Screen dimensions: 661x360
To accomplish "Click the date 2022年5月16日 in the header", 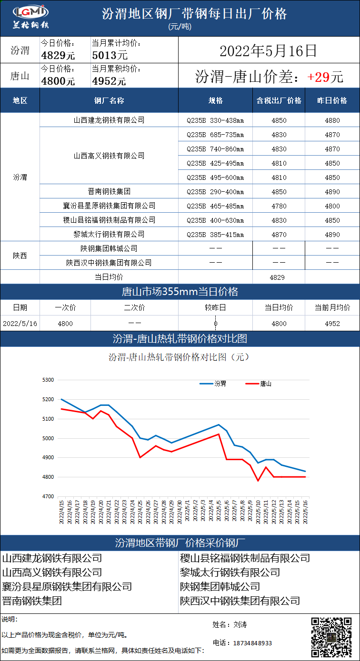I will (268, 50).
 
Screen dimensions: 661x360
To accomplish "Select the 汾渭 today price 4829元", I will (58, 55).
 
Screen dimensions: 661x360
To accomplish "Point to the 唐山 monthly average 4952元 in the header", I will (109, 81).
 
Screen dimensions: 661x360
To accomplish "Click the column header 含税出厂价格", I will (279, 101).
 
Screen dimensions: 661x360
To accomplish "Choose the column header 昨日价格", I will (332, 101).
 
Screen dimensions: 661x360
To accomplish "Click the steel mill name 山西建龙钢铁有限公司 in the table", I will (109, 120).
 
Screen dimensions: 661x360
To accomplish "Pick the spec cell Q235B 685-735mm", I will (215, 135).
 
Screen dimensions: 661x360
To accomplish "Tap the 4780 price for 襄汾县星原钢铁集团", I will (279, 206).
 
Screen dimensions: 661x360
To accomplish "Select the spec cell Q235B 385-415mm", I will (215, 235).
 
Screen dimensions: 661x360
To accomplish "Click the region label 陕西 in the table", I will (20, 256).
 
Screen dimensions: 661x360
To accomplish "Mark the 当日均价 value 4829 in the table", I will (279, 277).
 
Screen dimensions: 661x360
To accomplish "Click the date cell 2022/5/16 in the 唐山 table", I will (20, 324).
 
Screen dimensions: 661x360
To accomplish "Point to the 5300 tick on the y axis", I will (49, 380).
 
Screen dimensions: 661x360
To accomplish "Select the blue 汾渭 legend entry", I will (214, 384).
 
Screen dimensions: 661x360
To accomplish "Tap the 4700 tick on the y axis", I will (49, 496).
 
